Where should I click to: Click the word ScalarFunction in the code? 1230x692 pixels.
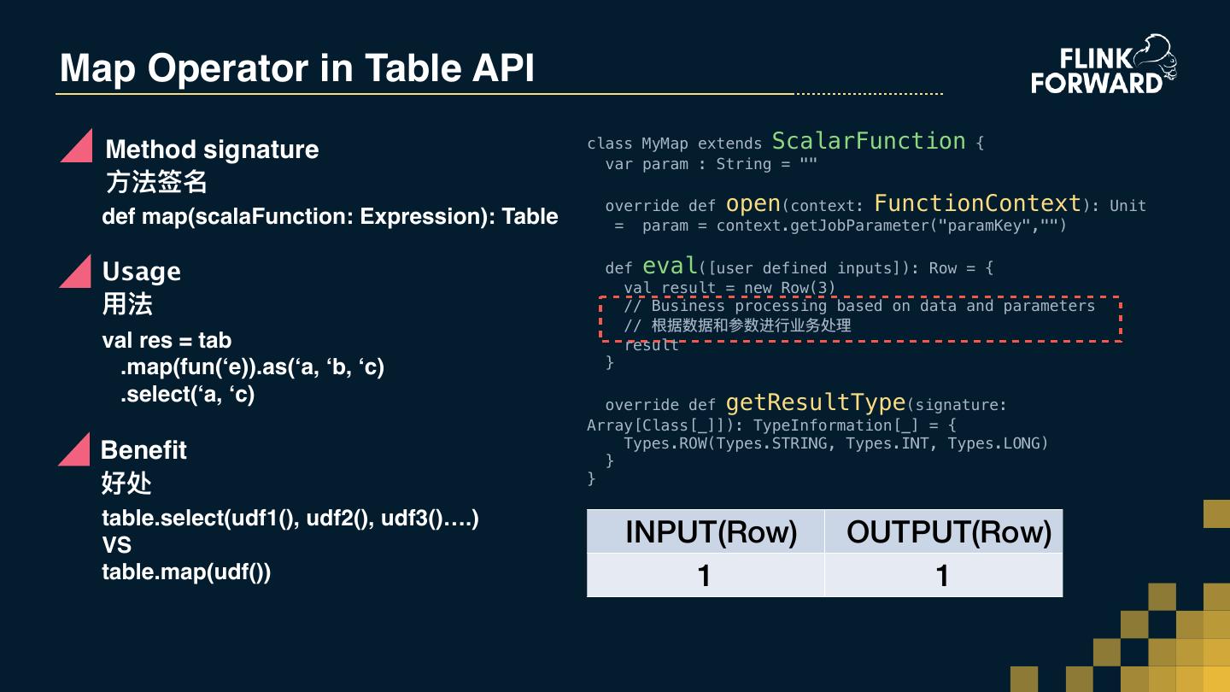(x=869, y=141)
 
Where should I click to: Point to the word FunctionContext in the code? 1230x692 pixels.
(x=978, y=203)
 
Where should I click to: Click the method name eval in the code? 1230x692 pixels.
(x=670, y=266)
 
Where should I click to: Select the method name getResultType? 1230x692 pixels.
(x=815, y=402)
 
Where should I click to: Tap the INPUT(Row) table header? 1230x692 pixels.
(x=711, y=531)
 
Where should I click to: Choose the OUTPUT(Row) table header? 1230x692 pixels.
(x=948, y=531)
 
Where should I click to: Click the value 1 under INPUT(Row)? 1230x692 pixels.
(x=705, y=575)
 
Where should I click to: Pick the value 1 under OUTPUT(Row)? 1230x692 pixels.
(x=943, y=575)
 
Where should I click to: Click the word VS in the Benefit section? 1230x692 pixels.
(x=117, y=545)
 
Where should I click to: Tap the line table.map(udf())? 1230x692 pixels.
(x=186, y=572)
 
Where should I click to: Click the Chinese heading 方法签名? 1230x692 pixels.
(x=156, y=182)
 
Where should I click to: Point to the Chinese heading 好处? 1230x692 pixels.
(x=126, y=483)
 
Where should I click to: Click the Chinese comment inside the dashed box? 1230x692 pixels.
(x=751, y=325)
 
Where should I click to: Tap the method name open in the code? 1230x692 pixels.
(x=753, y=203)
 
